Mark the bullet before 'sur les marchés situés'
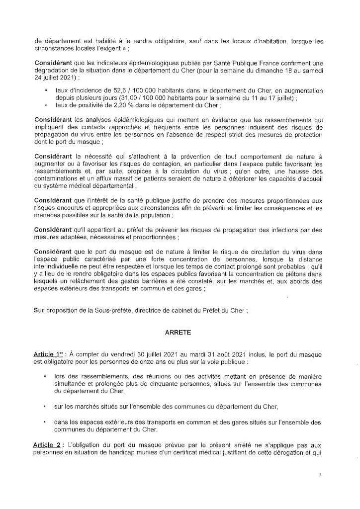pos(46,407)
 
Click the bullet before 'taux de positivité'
pos(46,105)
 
